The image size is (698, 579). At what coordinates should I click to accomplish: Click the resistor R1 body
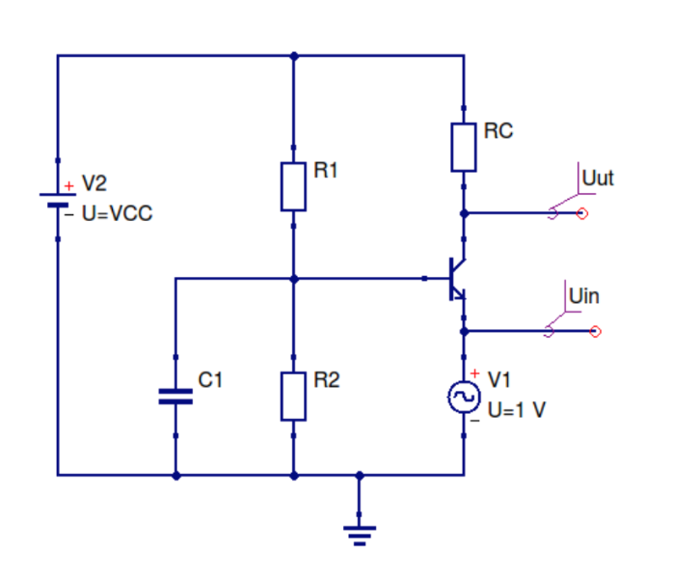293,186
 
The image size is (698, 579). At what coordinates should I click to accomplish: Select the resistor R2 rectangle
293,397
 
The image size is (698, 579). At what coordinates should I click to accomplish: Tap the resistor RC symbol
464,148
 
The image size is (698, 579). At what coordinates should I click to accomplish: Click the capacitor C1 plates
175,396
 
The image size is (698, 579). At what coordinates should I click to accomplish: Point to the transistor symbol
455,279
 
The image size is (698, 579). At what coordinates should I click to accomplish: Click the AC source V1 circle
464,397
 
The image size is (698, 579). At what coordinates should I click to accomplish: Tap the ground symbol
360,532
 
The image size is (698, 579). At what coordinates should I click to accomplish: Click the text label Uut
598,179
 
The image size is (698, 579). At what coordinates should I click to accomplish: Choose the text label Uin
583,296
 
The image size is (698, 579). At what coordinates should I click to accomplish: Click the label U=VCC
117,213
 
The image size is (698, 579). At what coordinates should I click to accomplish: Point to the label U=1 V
517,409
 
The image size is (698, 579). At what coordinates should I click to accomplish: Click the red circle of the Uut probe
581,213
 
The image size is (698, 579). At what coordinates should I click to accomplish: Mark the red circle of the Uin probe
595,332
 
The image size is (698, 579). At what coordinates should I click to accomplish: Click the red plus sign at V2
68,185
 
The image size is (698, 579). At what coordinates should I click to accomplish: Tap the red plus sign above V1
474,374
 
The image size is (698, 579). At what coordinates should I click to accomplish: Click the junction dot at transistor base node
293,279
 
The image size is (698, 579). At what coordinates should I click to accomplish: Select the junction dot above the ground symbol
360,475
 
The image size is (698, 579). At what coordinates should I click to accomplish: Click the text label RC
498,131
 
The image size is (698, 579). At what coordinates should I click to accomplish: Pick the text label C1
210,380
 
